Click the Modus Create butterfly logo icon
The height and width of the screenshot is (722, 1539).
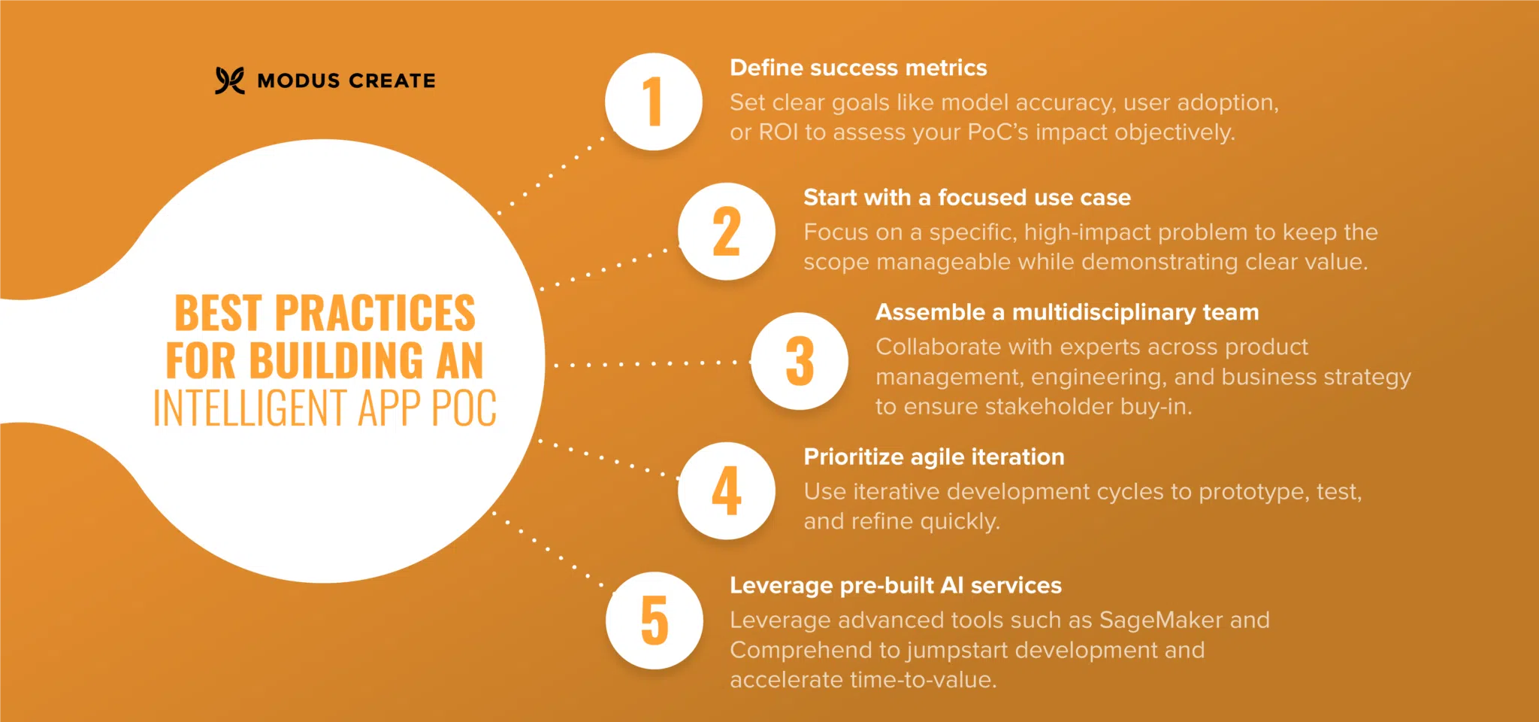coord(230,80)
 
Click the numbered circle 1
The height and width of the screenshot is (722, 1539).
coord(654,102)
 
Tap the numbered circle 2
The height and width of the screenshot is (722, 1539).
coord(727,232)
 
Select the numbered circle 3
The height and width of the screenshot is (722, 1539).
coord(800,361)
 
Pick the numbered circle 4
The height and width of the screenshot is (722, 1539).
coord(727,491)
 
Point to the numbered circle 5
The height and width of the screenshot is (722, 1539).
coord(654,620)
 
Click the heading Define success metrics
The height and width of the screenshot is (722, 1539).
coord(858,68)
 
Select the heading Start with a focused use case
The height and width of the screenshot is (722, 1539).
coord(966,198)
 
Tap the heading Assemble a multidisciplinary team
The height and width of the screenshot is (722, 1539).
coord(1066,312)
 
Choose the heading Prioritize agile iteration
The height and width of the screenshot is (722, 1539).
coord(933,457)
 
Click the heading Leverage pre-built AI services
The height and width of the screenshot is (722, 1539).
coord(895,586)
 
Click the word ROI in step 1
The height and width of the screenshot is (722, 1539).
coord(778,132)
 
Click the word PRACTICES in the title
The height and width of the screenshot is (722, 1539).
coord(375,313)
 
